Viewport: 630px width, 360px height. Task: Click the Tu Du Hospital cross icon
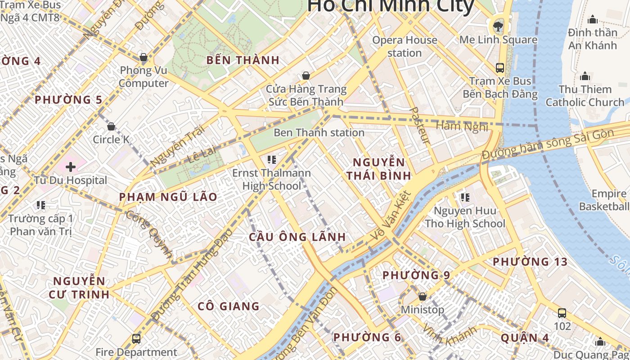(x=71, y=167)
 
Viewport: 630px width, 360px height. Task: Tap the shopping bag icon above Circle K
(x=111, y=126)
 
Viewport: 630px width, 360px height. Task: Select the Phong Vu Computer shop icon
(x=144, y=57)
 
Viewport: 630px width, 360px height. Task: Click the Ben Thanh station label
(x=319, y=132)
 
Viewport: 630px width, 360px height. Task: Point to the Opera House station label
(x=404, y=46)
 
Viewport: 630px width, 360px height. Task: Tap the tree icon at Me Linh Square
(x=498, y=26)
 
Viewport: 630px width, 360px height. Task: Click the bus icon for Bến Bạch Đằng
(x=499, y=68)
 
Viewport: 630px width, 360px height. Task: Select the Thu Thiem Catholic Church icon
(x=585, y=76)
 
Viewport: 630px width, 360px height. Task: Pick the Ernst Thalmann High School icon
(x=271, y=159)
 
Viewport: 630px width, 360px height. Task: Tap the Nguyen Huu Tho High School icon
(x=465, y=197)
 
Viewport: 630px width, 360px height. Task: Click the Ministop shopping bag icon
(x=422, y=297)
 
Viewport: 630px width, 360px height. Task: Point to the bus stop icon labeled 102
(x=562, y=313)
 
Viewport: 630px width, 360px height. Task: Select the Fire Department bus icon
(x=136, y=338)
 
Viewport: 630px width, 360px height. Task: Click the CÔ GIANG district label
(x=229, y=306)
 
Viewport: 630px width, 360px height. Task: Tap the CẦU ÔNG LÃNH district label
(x=297, y=237)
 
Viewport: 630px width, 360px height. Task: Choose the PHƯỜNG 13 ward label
(x=530, y=261)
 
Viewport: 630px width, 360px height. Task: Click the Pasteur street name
(x=421, y=126)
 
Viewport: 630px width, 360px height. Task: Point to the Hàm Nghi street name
(x=462, y=126)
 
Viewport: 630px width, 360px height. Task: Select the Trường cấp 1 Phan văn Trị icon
(x=41, y=206)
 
